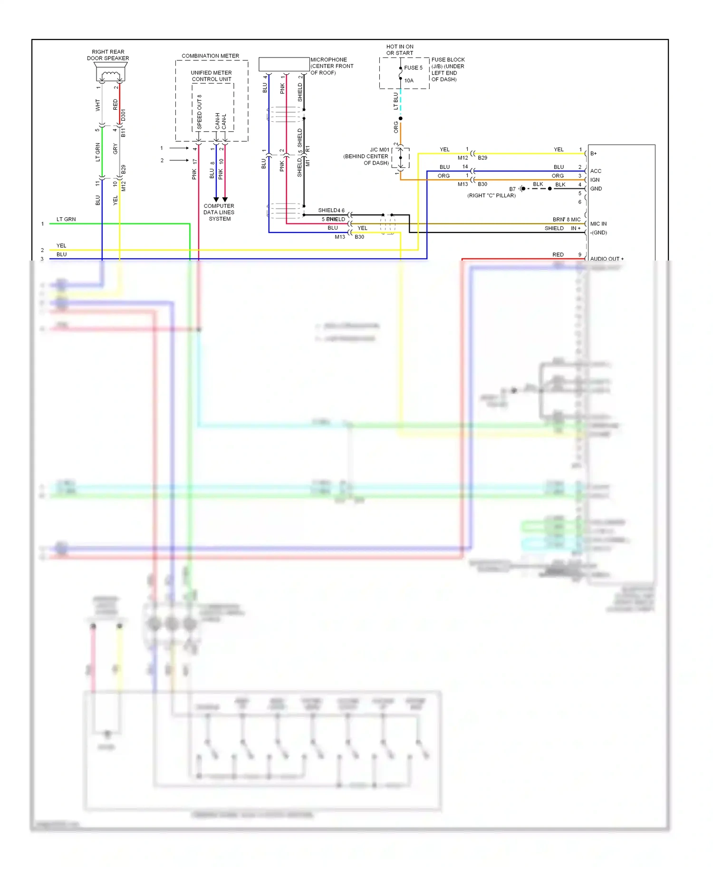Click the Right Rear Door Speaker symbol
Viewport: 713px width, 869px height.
coord(110,74)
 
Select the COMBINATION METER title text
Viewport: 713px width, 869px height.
coord(210,56)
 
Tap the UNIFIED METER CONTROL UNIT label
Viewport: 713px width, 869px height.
coord(212,76)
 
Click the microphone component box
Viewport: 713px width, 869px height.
coord(284,64)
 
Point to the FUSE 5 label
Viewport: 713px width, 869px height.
coord(413,68)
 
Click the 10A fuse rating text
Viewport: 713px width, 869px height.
coord(409,81)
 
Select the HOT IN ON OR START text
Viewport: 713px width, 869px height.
coord(400,50)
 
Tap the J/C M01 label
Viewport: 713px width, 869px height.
coord(379,150)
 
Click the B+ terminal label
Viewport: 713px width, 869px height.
coord(593,154)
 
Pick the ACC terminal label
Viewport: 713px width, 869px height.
coord(596,171)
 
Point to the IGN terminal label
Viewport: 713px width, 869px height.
coord(595,180)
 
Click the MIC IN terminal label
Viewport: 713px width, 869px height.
coord(598,224)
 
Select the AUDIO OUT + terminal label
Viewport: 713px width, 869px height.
coord(607,259)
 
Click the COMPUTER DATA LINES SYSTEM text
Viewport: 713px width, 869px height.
coord(219,212)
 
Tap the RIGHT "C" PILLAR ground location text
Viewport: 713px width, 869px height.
coord(491,195)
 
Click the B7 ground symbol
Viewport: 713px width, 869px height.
coord(522,189)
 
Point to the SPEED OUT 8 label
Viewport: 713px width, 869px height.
coord(199,112)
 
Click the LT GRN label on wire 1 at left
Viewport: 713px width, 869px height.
coord(66,219)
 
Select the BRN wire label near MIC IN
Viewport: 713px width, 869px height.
coord(558,220)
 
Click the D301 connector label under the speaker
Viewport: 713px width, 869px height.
coord(123,115)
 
